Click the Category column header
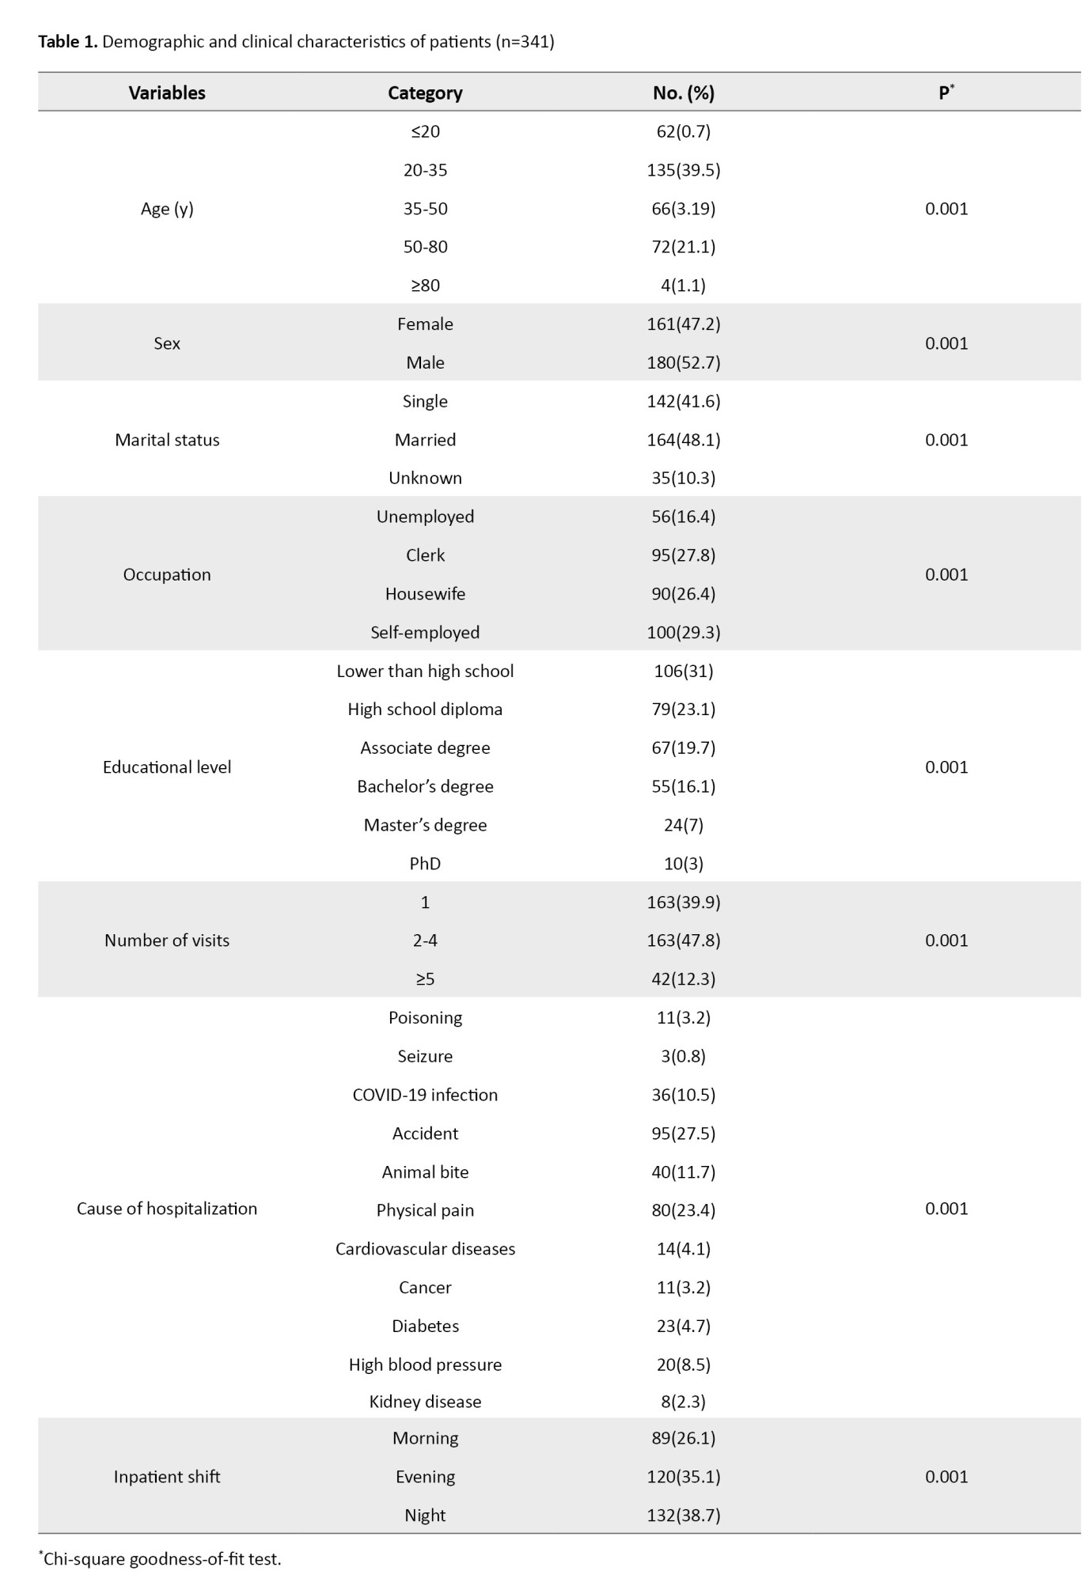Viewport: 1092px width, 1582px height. click(x=425, y=93)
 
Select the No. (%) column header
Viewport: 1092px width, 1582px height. click(x=683, y=93)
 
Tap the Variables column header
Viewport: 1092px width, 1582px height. click(x=167, y=93)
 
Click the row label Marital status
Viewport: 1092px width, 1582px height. click(x=167, y=440)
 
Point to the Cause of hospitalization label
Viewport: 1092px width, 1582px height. click(x=167, y=1209)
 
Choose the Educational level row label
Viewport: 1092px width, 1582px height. click(x=167, y=767)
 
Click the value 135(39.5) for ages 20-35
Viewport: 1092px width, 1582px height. click(x=683, y=170)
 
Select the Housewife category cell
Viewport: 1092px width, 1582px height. click(x=425, y=594)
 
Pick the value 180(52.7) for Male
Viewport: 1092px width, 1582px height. click(x=683, y=362)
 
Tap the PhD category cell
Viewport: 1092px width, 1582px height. click(x=425, y=864)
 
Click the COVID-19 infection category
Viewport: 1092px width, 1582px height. click(x=425, y=1095)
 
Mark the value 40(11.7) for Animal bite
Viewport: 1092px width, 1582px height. click(x=683, y=1171)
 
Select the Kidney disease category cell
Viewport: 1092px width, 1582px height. click(x=425, y=1402)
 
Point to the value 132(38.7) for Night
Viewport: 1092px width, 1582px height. click(x=683, y=1515)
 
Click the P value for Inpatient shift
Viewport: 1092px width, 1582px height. click(x=946, y=1477)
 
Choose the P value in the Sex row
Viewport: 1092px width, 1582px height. click(x=946, y=343)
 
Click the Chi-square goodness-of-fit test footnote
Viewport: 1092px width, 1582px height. click(x=161, y=1559)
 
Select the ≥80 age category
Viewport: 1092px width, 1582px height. click(x=425, y=286)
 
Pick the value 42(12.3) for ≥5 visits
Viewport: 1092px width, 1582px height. click(x=683, y=979)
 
